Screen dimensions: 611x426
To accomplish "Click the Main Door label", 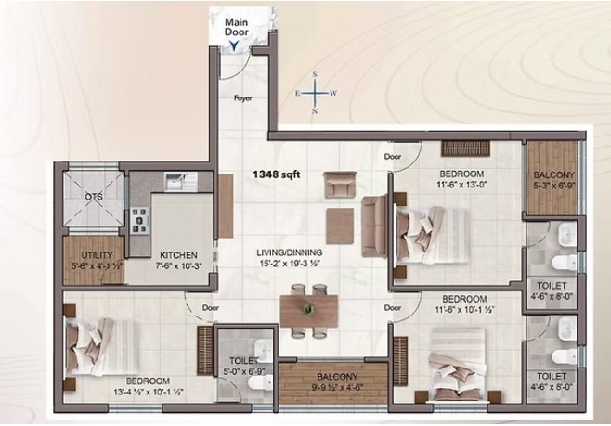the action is [x=237, y=27].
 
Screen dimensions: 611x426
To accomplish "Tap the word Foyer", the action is [x=242, y=98].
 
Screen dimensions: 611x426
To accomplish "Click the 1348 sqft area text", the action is [x=277, y=174].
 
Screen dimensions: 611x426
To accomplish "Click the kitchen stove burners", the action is [x=140, y=221].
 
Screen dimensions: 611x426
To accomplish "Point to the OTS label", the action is [x=94, y=197].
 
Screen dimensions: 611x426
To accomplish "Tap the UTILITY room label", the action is [x=97, y=255].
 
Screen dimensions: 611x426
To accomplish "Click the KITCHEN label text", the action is [x=179, y=255].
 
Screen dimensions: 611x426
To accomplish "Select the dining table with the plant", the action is [x=309, y=311].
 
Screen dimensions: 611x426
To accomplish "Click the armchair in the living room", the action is [x=340, y=185].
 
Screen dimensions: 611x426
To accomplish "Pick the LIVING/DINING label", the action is [x=290, y=252].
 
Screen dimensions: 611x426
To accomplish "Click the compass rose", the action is [x=316, y=93].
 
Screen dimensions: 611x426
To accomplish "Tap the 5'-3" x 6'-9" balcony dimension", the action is [x=554, y=185].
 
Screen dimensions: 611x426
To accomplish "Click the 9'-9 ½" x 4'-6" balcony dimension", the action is [x=337, y=387].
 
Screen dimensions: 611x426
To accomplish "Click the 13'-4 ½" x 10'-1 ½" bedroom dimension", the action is [x=149, y=391].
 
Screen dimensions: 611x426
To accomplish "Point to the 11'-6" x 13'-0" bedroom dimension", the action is [x=461, y=184].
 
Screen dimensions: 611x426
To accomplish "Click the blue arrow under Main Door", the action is [x=234, y=46].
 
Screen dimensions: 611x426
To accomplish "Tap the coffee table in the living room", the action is [x=340, y=226].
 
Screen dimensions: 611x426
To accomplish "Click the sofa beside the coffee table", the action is [x=374, y=226].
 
